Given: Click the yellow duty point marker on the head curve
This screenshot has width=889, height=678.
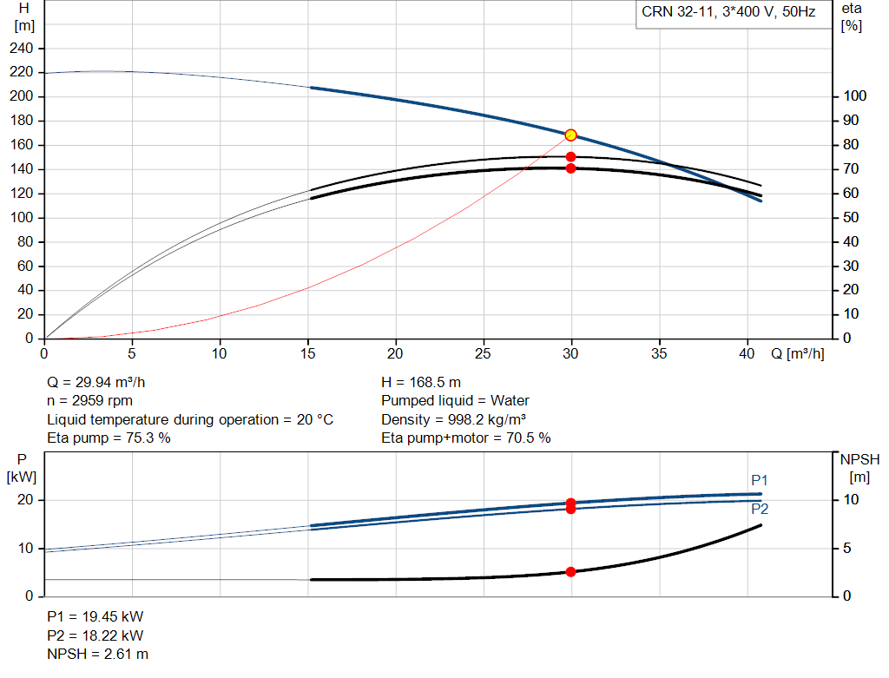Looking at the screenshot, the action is pyautogui.click(x=571, y=135).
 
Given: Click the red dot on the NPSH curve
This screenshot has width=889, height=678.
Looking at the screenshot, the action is pyautogui.click(x=571, y=572).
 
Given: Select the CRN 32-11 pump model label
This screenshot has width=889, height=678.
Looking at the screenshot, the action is pyautogui.click(x=728, y=12).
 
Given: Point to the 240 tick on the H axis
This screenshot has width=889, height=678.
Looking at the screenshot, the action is pyautogui.click(x=22, y=49).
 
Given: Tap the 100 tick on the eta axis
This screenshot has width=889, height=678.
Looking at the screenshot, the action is pyautogui.click(x=854, y=95).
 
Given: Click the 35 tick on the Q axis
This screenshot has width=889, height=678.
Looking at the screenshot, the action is pyautogui.click(x=659, y=353).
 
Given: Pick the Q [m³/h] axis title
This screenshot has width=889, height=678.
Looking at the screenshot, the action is pyautogui.click(x=798, y=353).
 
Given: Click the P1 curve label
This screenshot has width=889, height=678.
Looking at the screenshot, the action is pyautogui.click(x=759, y=480).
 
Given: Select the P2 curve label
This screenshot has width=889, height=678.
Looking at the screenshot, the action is pyautogui.click(x=760, y=509).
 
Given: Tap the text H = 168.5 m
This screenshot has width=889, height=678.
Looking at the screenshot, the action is pyautogui.click(x=421, y=383).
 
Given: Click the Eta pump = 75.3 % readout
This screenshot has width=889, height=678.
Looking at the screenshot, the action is pyautogui.click(x=109, y=438).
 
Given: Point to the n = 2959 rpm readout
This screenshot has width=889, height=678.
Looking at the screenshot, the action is pyautogui.click(x=90, y=401).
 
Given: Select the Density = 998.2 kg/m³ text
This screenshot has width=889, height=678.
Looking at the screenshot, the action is pyautogui.click(x=453, y=419).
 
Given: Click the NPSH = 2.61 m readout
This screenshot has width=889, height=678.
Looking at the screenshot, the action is pyautogui.click(x=97, y=655).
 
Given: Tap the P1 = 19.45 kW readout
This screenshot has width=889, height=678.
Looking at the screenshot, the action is pyautogui.click(x=95, y=616).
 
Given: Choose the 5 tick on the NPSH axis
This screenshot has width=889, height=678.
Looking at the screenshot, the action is pyautogui.click(x=847, y=548).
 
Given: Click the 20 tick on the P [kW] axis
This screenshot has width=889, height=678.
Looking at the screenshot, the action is pyautogui.click(x=25, y=500).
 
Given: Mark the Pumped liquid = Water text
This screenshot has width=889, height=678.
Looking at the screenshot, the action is pyautogui.click(x=455, y=401).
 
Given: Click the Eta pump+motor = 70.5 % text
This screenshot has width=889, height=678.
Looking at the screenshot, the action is pyautogui.click(x=466, y=438).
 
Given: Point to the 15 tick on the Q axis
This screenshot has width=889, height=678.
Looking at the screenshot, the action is pyautogui.click(x=307, y=353).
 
